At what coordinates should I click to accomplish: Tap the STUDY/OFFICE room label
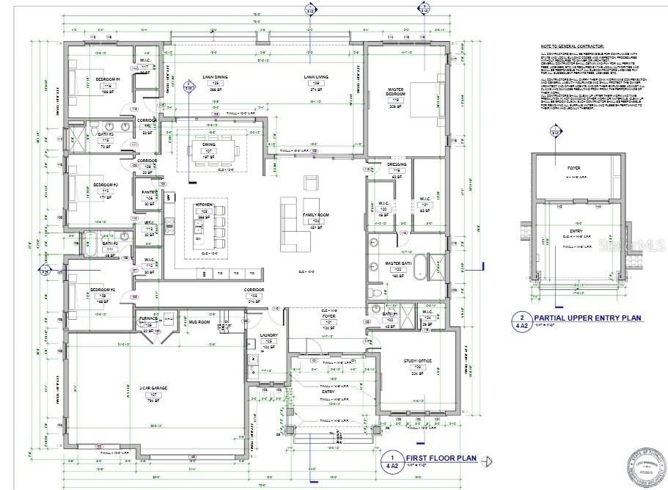(x=419, y=361)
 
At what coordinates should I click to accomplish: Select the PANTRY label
(x=149, y=192)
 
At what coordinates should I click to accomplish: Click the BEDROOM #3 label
(x=105, y=185)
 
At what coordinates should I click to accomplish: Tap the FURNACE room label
(x=148, y=318)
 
